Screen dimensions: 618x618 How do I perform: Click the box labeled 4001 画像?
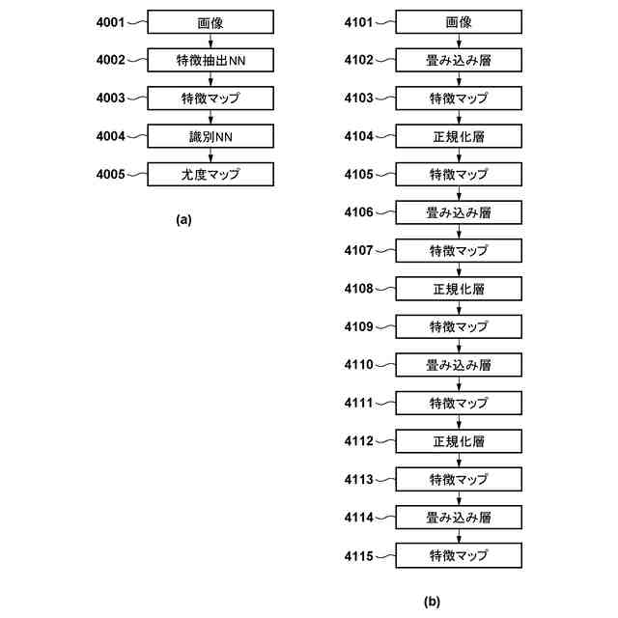pyautogui.click(x=210, y=22)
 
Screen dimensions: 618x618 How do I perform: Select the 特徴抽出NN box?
pyautogui.click(x=210, y=60)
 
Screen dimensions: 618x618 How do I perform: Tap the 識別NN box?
pyautogui.click(x=210, y=136)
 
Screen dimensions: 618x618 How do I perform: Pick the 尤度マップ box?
pyautogui.click(x=210, y=175)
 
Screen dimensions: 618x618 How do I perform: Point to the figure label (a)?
pyautogui.click(x=184, y=219)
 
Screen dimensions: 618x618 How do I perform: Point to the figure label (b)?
pyautogui.click(x=432, y=602)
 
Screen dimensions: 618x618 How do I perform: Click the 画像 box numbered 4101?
pyautogui.click(x=459, y=22)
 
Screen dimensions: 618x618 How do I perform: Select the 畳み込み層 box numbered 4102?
pyautogui.click(x=459, y=60)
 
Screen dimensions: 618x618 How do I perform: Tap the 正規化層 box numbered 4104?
pyautogui.click(x=459, y=136)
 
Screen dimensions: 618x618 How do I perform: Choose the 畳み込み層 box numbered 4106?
pyautogui.click(x=459, y=212)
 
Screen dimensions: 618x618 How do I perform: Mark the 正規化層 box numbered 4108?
pyautogui.click(x=459, y=289)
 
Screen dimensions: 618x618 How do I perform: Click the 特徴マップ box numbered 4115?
pyautogui.click(x=459, y=555)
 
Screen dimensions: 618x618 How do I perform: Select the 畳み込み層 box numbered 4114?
pyautogui.click(x=459, y=518)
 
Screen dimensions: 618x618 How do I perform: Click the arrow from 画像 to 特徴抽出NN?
pyautogui.click(x=210, y=42)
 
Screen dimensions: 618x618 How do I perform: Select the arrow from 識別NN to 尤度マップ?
pyautogui.click(x=210, y=155)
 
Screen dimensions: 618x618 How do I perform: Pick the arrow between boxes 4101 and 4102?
pyautogui.click(x=459, y=42)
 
